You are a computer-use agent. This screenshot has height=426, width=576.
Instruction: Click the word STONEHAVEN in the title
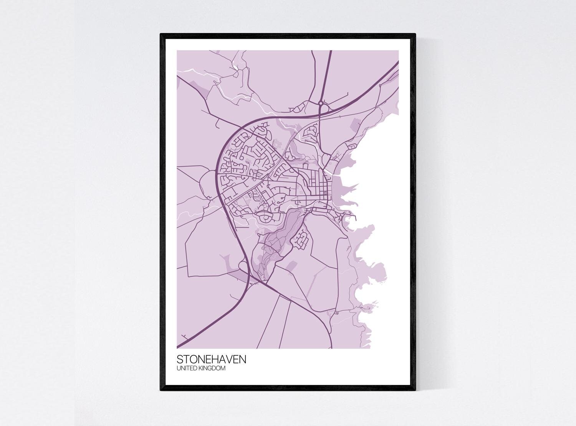point(212,360)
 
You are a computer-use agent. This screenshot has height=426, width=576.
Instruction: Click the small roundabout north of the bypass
point(320,103)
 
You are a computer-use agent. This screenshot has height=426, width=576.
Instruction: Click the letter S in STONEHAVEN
point(180,360)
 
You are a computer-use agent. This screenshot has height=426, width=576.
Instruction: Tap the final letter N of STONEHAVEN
point(243,360)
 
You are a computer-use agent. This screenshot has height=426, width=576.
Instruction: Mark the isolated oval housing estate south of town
point(301,239)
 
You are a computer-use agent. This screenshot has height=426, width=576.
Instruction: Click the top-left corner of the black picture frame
point(161,35)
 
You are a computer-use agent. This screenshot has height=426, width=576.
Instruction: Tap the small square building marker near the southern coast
point(337,313)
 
